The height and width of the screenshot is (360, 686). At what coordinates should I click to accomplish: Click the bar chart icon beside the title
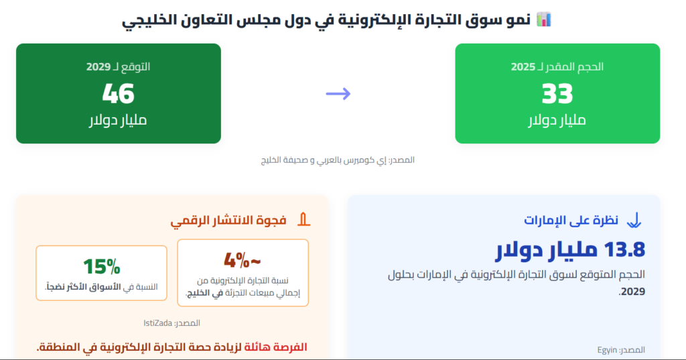click(543, 19)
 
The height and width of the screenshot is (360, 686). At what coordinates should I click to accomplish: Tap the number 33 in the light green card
click(557, 94)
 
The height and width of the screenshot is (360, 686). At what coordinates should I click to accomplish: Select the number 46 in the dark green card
click(118, 94)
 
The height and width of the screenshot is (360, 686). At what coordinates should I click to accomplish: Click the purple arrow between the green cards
click(338, 93)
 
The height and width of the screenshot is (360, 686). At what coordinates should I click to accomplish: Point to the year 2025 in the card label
click(523, 67)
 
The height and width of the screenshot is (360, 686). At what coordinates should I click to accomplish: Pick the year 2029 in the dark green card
click(98, 67)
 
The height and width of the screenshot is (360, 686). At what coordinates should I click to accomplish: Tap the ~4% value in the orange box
click(243, 260)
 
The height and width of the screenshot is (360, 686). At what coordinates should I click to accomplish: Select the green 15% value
click(102, 266)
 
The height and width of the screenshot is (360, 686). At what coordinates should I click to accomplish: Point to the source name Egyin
click(607, 350)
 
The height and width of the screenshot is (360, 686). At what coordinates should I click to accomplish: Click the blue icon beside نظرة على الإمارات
click(634, 221)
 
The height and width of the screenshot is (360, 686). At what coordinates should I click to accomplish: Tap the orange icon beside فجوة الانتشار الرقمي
click(303, 220)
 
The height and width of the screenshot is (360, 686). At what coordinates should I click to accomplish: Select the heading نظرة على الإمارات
click(571, 221)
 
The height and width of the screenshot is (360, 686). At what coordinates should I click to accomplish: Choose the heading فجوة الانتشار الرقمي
click(228, 221)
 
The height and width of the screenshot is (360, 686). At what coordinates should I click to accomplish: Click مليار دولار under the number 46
click(118, 120)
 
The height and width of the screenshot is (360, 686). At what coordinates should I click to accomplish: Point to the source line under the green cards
click(338, 160)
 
